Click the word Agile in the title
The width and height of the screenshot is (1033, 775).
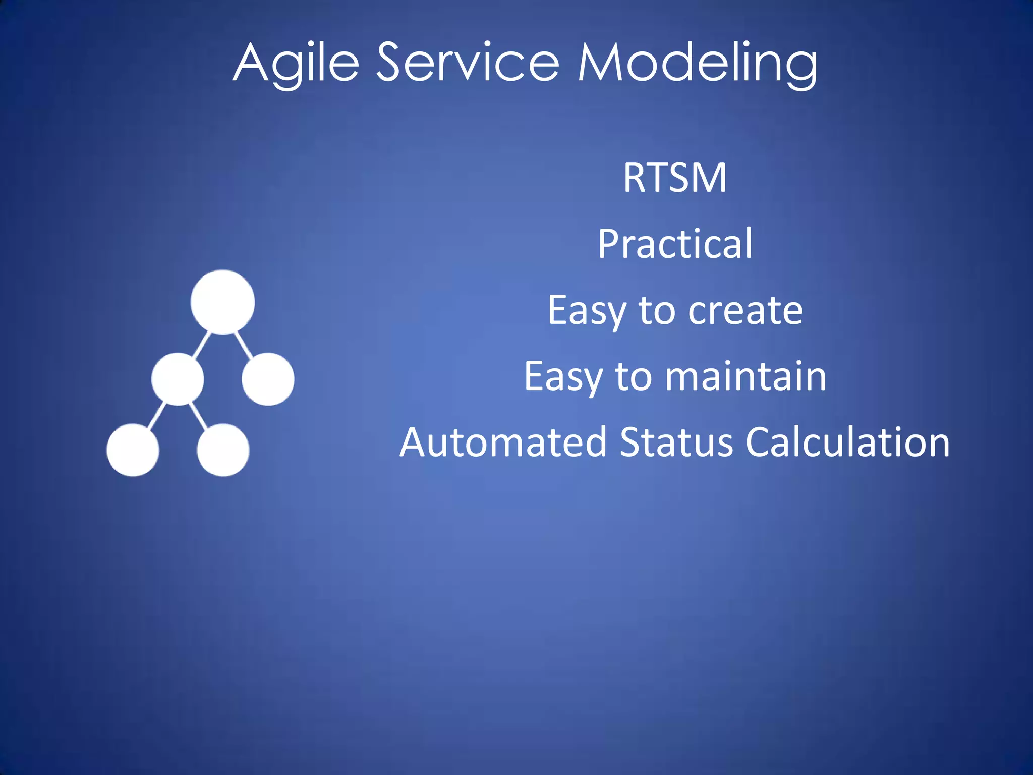(x=296, y=63)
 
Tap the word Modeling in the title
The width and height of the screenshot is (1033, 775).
(x=697, y=63)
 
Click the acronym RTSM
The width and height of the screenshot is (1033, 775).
(x=675, y=178)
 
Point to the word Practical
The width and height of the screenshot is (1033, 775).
(x=675, y=244)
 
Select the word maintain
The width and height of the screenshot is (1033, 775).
(x=745, y=376)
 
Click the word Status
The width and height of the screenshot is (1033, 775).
(x=676, y=442)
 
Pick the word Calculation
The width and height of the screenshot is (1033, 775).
(x=847, y=442)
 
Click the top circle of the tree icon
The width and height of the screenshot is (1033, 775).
(x=222, y=302)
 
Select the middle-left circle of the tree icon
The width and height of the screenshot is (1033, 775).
(x=178, y=379)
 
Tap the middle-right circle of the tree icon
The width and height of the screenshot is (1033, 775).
(x=268, y=379)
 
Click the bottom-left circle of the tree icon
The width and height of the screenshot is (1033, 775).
(x=133, y=450)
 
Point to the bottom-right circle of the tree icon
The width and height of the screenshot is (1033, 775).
(x=222, y=450)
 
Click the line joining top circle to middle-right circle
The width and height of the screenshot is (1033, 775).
(x=244, y=344)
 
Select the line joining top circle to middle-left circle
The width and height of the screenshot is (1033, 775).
(x=202, y=344)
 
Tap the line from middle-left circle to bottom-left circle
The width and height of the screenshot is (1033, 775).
(x=157, y=415)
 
